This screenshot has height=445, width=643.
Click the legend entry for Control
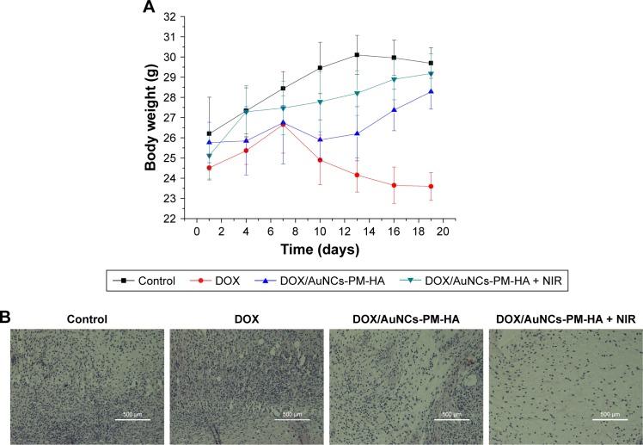(x=150, y=280)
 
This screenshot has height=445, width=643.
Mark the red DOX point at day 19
(x=431, y=186)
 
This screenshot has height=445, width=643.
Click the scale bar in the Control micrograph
(x=132, y=418)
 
